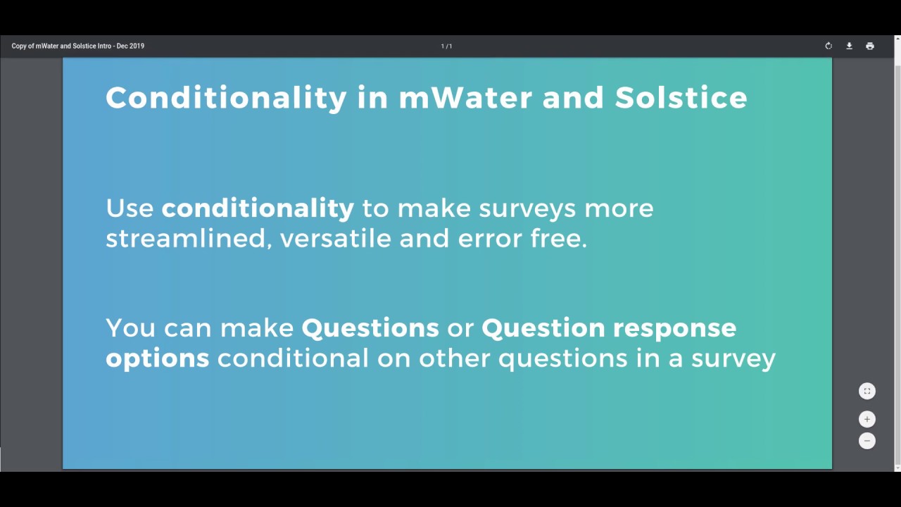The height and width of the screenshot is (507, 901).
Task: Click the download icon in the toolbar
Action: click(849, 46)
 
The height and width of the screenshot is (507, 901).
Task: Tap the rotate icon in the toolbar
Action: click(828, 46)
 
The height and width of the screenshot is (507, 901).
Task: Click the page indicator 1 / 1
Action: click(446, 46)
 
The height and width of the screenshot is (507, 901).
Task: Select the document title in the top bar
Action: click(77, 46)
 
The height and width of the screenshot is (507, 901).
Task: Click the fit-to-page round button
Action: click(867, 391)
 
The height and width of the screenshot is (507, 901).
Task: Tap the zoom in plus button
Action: click(867, 419)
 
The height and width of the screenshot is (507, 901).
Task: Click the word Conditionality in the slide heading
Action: click(226, 97)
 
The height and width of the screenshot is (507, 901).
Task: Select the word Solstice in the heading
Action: click(681, 97)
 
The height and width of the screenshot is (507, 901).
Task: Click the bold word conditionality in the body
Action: click(258, 208)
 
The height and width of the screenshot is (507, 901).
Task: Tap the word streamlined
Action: click(185, 239)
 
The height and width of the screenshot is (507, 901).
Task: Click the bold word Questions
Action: click(370, 328)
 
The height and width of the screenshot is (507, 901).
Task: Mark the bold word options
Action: click(157, 359)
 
